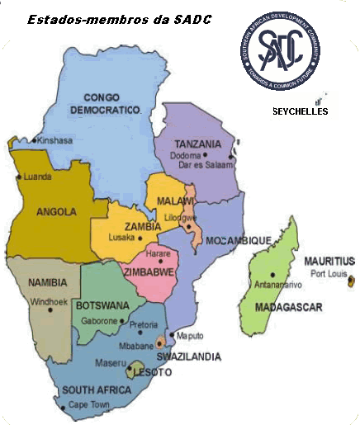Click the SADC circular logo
pos(284,52)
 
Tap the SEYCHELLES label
pos(301,111)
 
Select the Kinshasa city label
pos(55,141)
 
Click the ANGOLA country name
pos(56,211)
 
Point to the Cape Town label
pos(89,405)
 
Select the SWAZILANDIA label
pos(190,357)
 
